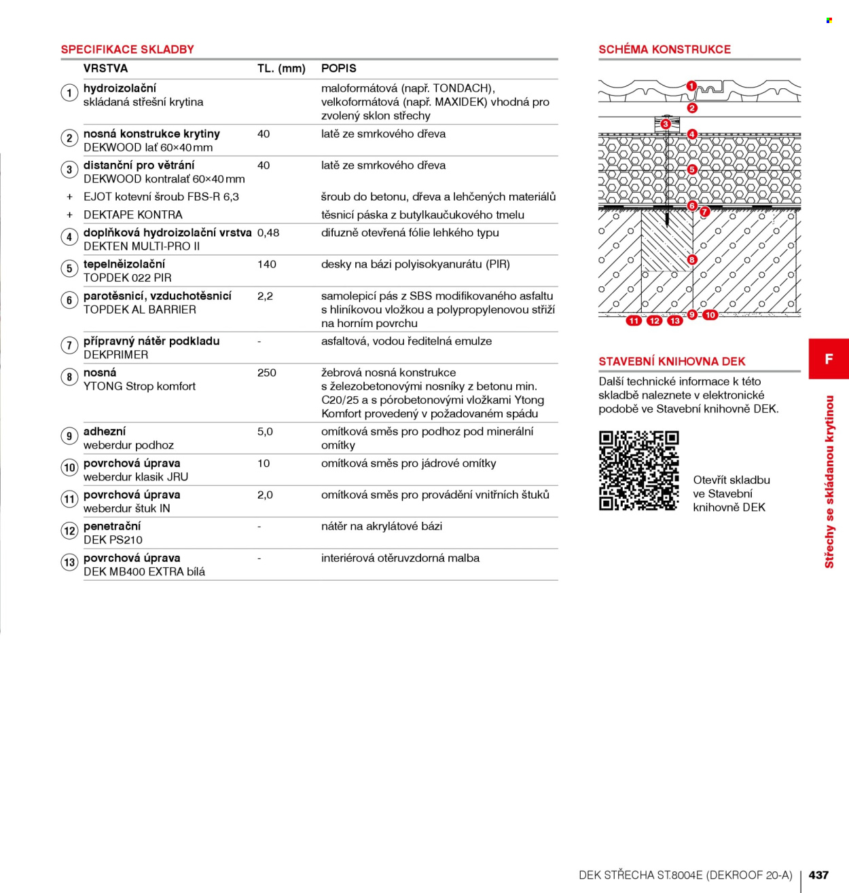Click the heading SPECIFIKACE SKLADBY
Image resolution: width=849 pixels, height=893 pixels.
point(127,50)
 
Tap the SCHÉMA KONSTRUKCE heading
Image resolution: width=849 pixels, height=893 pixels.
point(664,50)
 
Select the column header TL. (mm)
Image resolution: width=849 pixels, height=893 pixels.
point(281,69)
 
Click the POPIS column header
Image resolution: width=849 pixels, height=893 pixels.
point(339,69)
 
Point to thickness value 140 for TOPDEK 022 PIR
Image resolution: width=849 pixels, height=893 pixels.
point(266,265)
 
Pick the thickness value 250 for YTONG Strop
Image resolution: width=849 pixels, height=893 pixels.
point(266,373)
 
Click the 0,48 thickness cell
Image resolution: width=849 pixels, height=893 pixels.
point(268,233)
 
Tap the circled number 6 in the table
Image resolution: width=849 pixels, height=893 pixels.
point(69,300)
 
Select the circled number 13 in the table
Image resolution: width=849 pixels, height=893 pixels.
point(69,563)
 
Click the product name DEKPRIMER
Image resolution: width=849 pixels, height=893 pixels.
point(116,355)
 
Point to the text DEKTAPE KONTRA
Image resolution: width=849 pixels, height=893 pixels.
point(133,215)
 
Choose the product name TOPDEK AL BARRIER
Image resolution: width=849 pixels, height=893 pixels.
point(140,310)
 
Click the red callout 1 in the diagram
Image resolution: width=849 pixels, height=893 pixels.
point(691,86)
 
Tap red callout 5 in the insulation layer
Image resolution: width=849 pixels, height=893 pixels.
point(691,170)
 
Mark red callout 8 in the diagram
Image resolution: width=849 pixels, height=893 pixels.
point(691,260)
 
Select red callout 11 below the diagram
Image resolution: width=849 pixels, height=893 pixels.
point(634,321)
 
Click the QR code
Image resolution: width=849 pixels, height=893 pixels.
point(639,470)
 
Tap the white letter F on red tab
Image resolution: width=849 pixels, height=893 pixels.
point(829,359)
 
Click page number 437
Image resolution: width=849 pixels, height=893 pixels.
point(818,875)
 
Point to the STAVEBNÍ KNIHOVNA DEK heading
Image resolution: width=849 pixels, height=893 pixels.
point(672,362)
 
